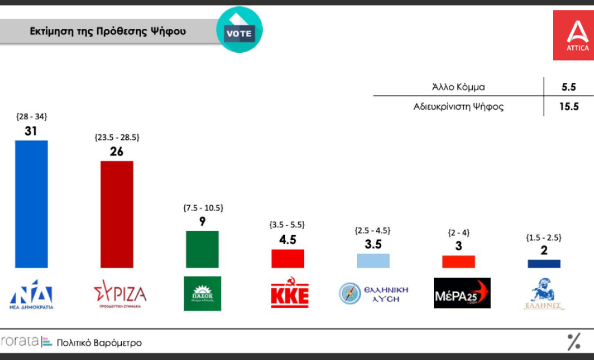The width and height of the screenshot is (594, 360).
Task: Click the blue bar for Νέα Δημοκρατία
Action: pyautogui.click(x=31, y=204)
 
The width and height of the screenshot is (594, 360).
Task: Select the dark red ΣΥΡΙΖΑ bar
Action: pyautogui.click(x=116, y=214)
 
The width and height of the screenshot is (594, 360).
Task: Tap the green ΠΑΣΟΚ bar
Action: pyautogui.click(x=202, y=249)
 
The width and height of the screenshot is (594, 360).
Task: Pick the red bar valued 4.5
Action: pyautogui.click(x=288, y=259)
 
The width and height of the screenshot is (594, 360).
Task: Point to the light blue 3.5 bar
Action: pyautogui.click(x=373, y=260)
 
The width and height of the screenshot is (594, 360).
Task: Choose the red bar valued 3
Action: pyautogui.click(x=458, y=262)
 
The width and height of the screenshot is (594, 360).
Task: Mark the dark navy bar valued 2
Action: pyautogui.click(x=544, y=263)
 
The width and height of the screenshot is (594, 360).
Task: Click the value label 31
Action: pyautogui.click(x=31, y=131)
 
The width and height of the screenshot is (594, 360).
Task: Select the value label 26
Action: pyautogui.click(x=116, y=151)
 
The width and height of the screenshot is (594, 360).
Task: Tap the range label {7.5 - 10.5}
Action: pyautogui.click(x=203, y=208)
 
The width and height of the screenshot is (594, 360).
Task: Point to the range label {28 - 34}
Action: pyautogui.click(x=31, y=116)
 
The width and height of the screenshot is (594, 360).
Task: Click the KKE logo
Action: pyautogui.click(x=289, y=293)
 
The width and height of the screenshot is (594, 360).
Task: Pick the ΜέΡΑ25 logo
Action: pyautogui.click(x=461, y=293)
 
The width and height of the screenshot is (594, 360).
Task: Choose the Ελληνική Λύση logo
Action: pyautogui.click(x=373, y=293)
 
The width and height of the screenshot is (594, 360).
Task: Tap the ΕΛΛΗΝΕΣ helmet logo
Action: pyautogui.click(x=544, y=293)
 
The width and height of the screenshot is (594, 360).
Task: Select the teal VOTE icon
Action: pyautogui.click(x=239, y=30)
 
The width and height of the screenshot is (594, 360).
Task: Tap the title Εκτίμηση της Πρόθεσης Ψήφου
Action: pyautogui.click(x=108, y=31)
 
